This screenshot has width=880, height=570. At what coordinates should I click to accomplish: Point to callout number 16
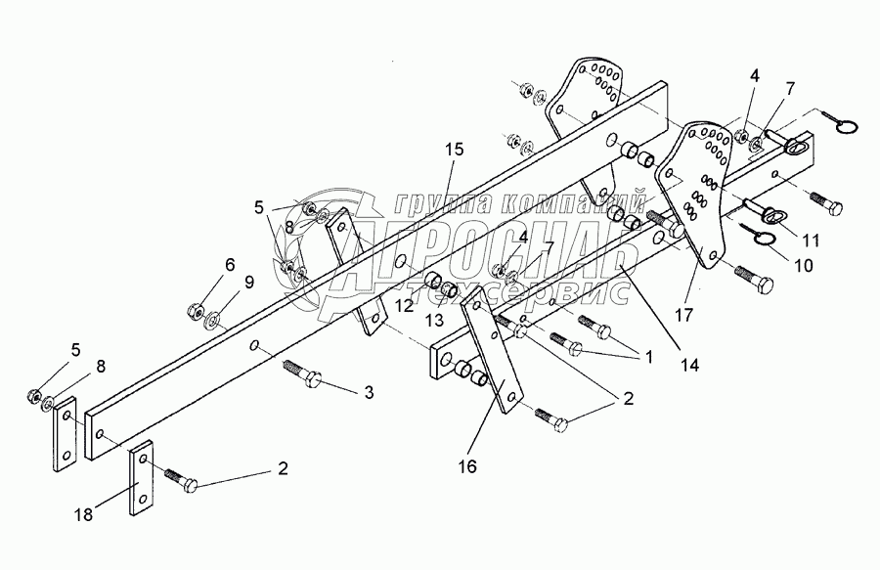(x=467, y=466)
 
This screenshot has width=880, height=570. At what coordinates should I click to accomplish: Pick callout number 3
(x=369, y=393)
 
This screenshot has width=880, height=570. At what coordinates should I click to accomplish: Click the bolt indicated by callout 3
(x=300, y=373)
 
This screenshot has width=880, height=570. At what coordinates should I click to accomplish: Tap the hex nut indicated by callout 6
(x=194, y=313)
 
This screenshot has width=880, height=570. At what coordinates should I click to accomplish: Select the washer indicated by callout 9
(x=214, y=318)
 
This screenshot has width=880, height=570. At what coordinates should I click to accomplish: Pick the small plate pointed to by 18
(x=141, y=478)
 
